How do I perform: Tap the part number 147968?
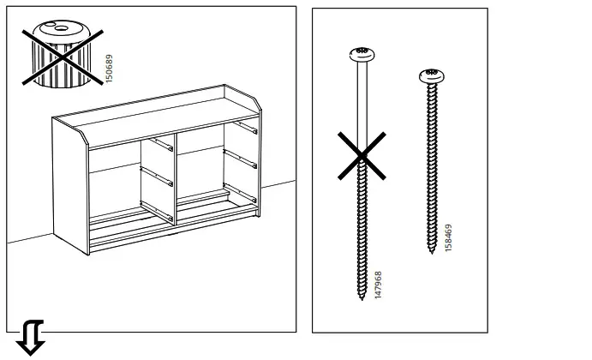coord(379,285)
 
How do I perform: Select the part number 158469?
coord(449,237)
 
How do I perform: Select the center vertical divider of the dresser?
coord(172,180)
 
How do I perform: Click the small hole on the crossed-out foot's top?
coord(60,28)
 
